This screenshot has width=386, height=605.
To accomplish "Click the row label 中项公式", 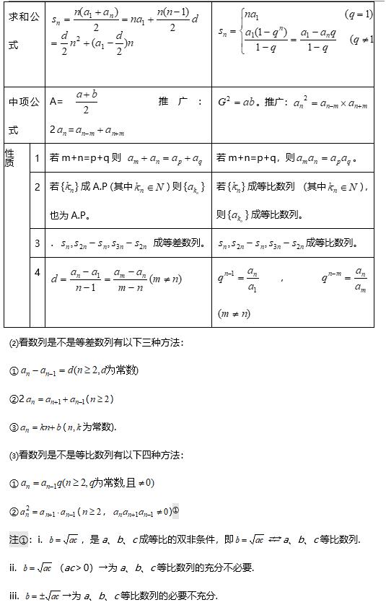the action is (x=23, y=116).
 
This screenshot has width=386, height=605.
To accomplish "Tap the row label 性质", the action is (x=9, y=157).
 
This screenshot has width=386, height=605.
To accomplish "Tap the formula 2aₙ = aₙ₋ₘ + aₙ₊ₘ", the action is (x=87, y=131).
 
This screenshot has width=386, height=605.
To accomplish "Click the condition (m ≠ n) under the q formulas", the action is (x=234, y=313).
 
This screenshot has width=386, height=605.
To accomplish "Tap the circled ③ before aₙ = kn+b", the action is (x=13, y=427).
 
